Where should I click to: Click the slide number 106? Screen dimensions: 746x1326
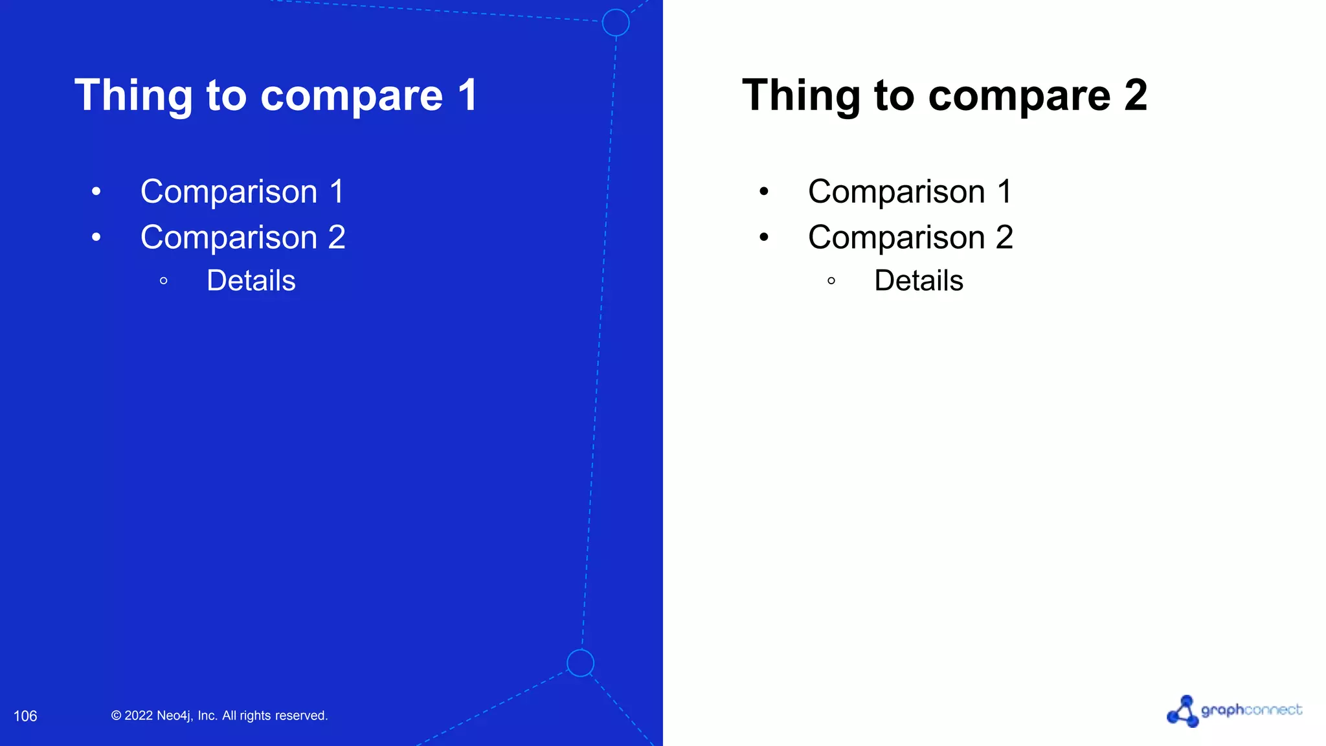click(x=25, y=716)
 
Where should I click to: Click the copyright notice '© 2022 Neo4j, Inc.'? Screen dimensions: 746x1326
click(x=219, y=716)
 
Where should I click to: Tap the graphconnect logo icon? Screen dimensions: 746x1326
click(x=1183, y=712)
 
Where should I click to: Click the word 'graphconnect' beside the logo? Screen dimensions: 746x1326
click(x=1251, y=710)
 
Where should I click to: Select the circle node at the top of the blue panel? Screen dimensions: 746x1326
click(x=615, y=23)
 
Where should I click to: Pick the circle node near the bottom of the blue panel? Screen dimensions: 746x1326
click(x=580, y=662)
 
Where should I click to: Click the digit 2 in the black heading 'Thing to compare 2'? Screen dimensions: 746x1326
click(x=1136, y=95)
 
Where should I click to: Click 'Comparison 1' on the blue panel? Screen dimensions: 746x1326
click(x=242, y=192)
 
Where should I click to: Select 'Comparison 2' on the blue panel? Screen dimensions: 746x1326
click(x=243, y=237)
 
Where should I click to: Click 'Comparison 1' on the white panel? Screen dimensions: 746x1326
click(x=910, y=192)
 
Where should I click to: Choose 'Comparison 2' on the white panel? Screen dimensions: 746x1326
click(x=910, y=237)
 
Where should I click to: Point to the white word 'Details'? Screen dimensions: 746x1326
click(x=251, y=280)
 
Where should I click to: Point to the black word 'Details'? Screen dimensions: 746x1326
click(x=919, y=280)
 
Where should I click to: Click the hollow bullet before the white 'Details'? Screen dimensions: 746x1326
click(x=164, y=281)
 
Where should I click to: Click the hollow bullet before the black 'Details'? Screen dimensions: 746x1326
click(x=831, y=281)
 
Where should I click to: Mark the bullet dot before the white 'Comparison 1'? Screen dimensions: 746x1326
click(x=96, y=192)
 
